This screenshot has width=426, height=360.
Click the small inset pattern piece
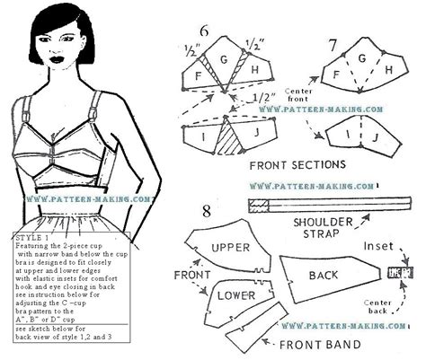(x=392, y=271)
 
